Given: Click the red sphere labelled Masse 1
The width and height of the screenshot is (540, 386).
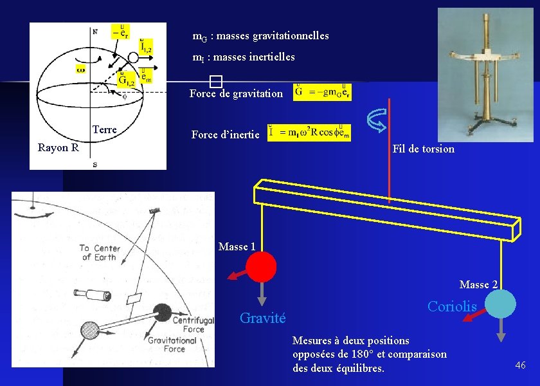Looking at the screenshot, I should coord(261,266).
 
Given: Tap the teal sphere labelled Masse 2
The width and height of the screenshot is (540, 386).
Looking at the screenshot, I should coord(500,304).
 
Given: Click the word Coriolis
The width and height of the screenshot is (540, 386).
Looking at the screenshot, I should coord(452,307).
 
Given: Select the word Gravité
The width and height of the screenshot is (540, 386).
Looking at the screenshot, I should coord(262,317).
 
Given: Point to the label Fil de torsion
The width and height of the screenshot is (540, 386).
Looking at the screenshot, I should coord(423,149).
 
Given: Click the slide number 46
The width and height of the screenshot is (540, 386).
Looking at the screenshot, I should coord(520,365).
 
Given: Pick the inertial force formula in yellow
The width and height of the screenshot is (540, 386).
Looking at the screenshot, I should coord(309,133).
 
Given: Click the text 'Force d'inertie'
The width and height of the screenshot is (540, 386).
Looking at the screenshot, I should coord(225,134).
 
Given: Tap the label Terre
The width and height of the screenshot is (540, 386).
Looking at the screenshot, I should coord(104,130).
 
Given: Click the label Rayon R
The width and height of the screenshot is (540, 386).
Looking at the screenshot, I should coord(58,148).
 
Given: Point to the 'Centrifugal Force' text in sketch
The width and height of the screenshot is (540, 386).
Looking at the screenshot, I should coord(188,325).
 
